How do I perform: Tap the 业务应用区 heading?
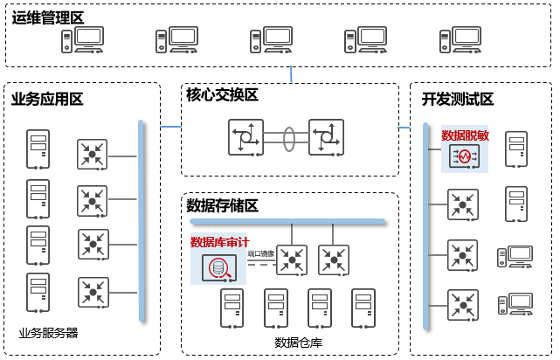tap(47, 99)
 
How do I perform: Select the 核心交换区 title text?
tap(222, 95)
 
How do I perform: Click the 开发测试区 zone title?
tap(458, 99)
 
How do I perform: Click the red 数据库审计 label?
tap(219, 242)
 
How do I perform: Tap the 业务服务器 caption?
tap(48, 333)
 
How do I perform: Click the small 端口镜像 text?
tap(260, 253)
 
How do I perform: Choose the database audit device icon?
tap(218, 268)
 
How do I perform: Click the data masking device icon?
tap(460, 157)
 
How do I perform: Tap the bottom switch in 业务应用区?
tap(92, 292)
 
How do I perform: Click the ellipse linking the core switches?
tap(289, 138)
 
